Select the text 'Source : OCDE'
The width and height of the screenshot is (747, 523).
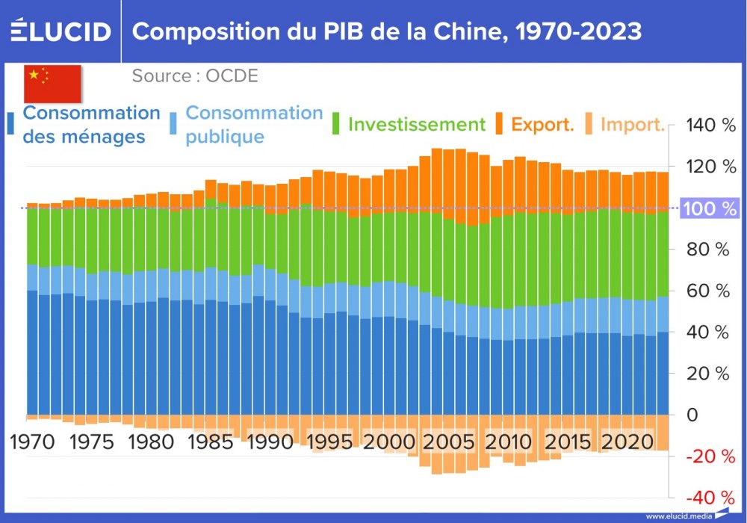[195, 76]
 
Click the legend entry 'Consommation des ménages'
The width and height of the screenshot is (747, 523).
[91, 125]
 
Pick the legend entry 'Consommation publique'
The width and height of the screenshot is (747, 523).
[253, 125]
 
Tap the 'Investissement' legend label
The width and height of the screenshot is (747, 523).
[416, 124]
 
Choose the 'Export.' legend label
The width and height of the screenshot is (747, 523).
[542, 124]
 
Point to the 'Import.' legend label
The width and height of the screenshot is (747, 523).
[632, 124]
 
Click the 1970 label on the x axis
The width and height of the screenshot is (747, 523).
[32, 442]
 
